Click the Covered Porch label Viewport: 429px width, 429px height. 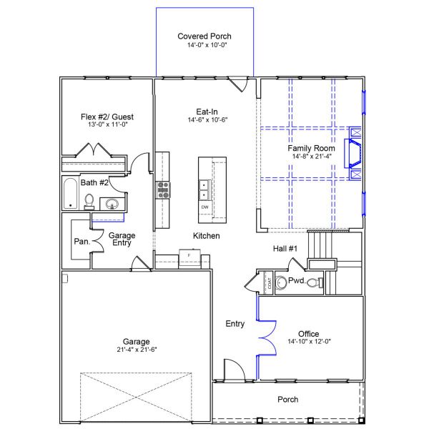click(204, 36)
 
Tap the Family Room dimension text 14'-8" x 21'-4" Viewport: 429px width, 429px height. click(312, 156)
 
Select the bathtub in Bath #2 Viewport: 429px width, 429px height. click(70, 194)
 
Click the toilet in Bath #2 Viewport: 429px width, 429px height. click(89, 202)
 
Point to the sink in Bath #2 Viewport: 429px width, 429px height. click(112, 204)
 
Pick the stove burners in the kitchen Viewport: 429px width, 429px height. click(163, 190)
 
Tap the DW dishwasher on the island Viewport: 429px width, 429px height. click(205, 207)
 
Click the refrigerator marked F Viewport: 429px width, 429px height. click(189, 259)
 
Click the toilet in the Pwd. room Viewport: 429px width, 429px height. click(315, 282)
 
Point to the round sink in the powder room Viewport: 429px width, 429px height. click(280, 282)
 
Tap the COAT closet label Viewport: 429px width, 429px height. click(270, 283)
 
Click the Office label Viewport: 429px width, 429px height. click(309, 334)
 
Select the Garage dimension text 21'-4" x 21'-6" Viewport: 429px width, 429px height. click(137, 350)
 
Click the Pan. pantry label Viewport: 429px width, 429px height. click(82, 242)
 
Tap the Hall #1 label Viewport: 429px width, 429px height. click(285, 248)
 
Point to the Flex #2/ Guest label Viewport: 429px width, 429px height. click(107, 117)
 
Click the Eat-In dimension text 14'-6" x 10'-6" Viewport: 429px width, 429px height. click(207, 120)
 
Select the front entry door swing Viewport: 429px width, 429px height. click(235, 370)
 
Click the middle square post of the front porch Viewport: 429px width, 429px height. click(310, 420)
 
